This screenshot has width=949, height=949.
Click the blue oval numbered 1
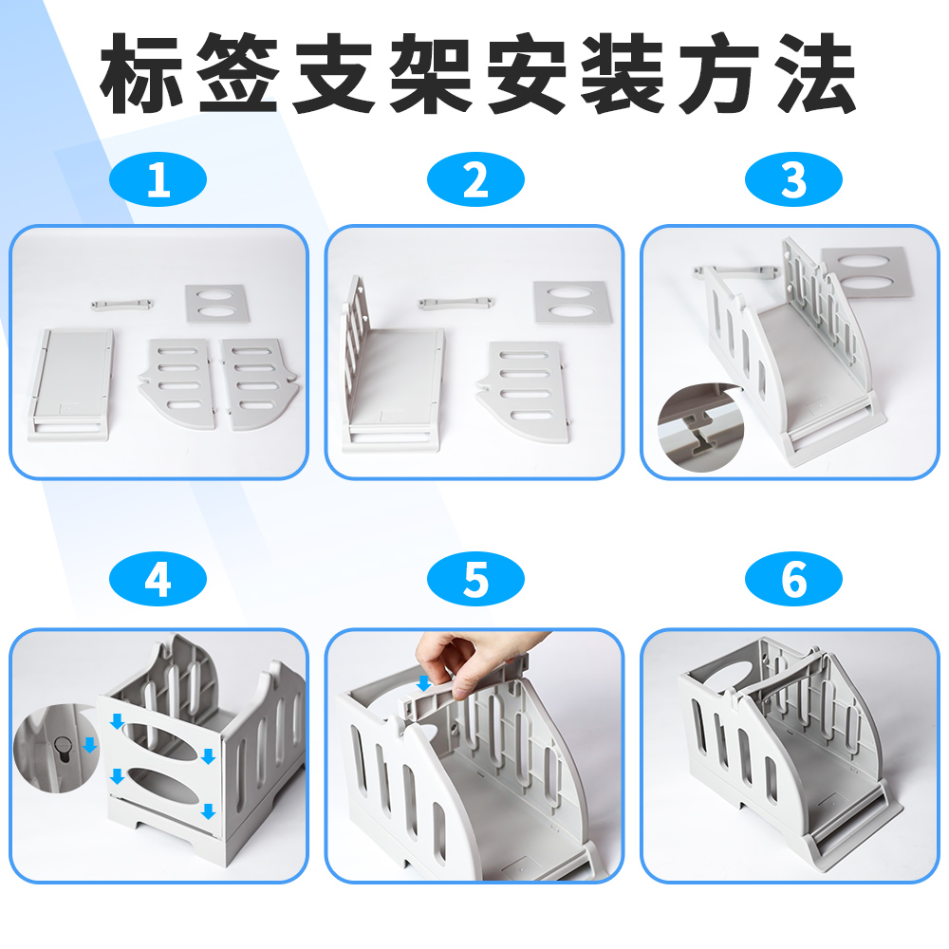(158, 179)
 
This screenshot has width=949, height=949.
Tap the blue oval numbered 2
(475, 179)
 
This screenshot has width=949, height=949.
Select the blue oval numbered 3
(793, 179)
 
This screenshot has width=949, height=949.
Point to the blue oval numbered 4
(158, 579)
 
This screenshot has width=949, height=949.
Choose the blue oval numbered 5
(475, 579)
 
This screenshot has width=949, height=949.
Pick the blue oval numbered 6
(793, 579)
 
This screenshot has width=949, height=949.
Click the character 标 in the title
(142, 74)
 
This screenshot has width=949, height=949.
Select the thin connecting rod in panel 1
(122, 304)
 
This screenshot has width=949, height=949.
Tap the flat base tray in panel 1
(70, 384)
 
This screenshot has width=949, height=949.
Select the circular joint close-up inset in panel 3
(701, 427)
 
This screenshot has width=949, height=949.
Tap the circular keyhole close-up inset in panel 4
(56, 749)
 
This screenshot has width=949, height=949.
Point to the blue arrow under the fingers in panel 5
(424, 683)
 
